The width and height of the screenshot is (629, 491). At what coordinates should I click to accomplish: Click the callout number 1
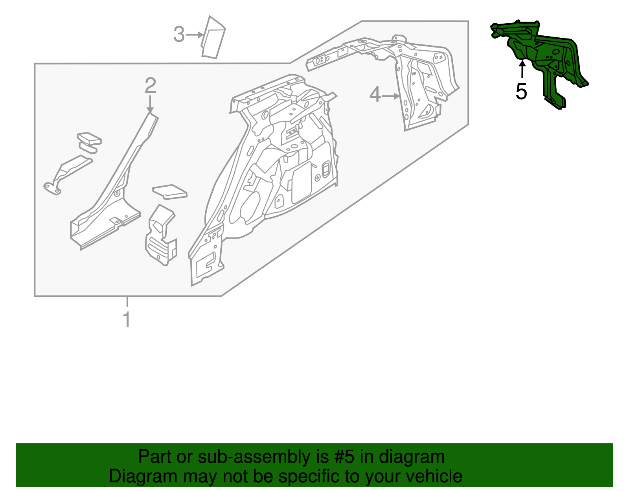(127, 320)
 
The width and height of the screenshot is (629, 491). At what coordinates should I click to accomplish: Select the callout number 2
(150, 86)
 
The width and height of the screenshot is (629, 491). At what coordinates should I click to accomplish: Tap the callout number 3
(179, 35)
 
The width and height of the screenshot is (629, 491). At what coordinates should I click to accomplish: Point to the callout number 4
(375, 96)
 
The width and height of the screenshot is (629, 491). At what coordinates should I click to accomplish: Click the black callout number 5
(521, 92)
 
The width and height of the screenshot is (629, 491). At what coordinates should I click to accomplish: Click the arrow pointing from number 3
(195, 35)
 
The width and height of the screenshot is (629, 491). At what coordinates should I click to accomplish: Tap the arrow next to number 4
(391, 96)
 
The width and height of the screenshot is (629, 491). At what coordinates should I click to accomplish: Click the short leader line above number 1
(127, 302)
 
